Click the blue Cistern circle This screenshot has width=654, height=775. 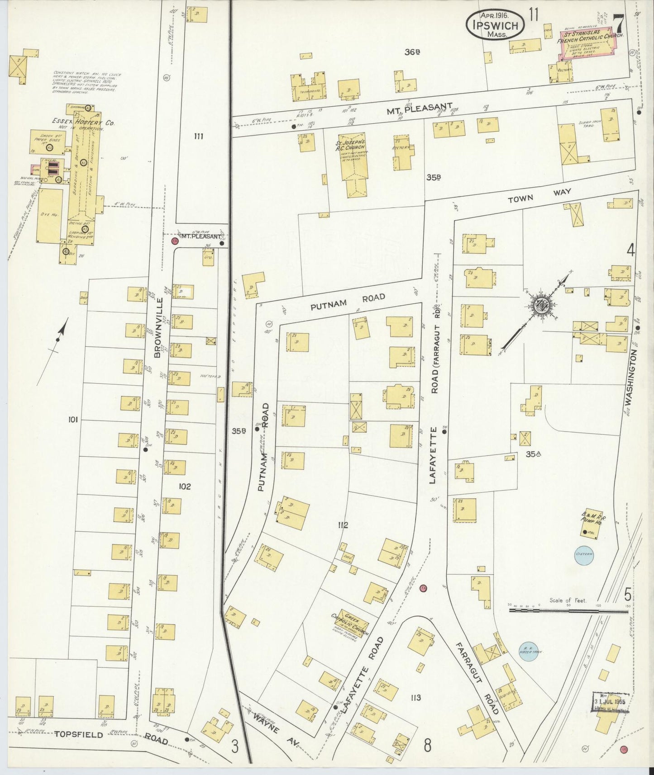[x=584, y=555]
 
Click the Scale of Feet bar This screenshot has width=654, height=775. [x=568, y=610]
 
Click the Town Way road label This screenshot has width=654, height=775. [x=539, y=195]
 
